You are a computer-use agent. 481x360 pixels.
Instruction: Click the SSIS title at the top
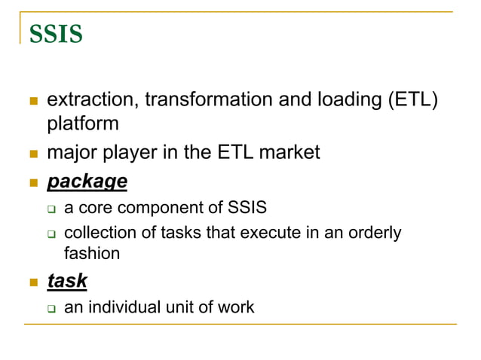click(56, 35)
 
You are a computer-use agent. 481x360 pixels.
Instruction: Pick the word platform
click(83, 122)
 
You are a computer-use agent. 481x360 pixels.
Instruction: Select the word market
click(290, 153)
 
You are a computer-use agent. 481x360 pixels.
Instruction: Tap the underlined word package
click(87, 182)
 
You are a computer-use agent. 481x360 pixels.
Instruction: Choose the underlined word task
click(67, 281)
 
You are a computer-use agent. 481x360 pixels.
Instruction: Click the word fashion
click(91, 253)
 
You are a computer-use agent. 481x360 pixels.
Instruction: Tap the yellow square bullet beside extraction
click(32, 101)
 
